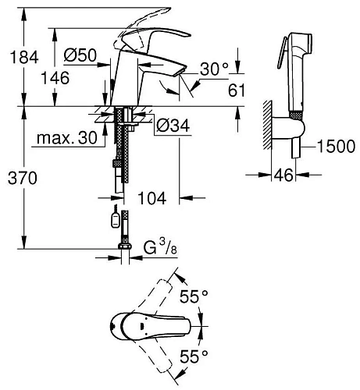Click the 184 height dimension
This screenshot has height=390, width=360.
[24, 57]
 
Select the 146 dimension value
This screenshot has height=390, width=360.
[55, 78]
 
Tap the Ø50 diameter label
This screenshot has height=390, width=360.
[80, 55]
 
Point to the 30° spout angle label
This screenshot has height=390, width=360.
[214, 69]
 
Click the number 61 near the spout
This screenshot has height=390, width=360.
[237, 90]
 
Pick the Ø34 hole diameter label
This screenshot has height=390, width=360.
[173, 126]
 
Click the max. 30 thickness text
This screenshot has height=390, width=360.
[67, 138]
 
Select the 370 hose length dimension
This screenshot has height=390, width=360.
[23, 179]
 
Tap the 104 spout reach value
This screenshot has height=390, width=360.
[151, 198]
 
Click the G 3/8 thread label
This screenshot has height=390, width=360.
[160, 248]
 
